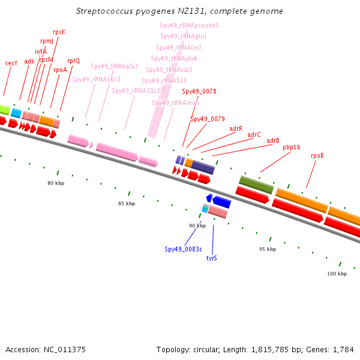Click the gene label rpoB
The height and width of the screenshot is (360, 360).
click(317, 155)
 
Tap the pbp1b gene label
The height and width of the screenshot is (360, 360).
click(292, 147)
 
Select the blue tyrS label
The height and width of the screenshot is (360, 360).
click(211, 258)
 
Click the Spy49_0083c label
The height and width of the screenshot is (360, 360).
click(183, 249)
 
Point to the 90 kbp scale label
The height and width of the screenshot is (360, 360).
click(197, 226)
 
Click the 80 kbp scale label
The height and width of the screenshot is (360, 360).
click(56, 183)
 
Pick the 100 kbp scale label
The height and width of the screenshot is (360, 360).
click(337, 274)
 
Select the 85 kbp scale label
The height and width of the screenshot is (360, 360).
click(127, 203)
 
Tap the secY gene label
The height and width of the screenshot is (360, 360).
click(11, 63)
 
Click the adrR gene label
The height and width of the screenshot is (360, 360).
click(236, 128)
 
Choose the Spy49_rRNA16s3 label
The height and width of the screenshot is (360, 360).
click(96, 79)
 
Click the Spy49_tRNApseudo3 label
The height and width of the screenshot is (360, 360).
click(189, 25)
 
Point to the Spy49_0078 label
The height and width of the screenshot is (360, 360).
click(199, 91)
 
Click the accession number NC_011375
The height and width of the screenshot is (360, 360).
click(65, 350)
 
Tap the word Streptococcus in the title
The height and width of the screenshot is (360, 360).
click(104, 11)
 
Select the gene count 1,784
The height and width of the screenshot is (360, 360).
click(343, 350)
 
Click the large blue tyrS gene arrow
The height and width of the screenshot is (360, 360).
click(221, 202)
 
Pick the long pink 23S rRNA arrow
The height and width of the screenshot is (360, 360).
click(117, 152)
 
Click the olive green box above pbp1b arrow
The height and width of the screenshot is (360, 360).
click(256, 185)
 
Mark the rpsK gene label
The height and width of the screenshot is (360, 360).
click(59, 32)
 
